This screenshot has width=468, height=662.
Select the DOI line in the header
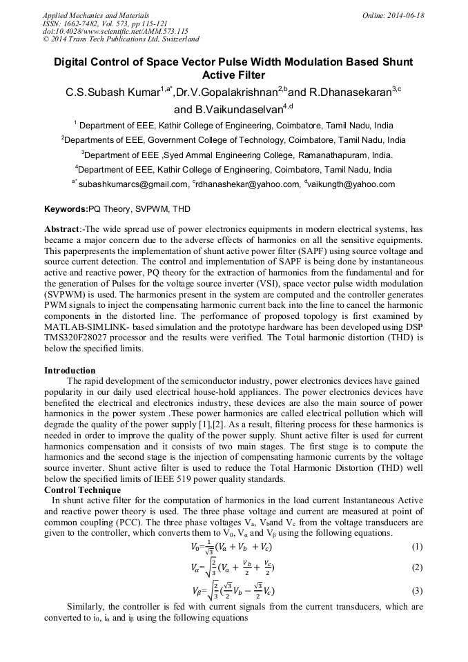(115, 31)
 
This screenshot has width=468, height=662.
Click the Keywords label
(66, 209)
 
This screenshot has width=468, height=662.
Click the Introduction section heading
(70, 371)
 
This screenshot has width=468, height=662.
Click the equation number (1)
(416, 547)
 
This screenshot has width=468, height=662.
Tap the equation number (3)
(416, 591)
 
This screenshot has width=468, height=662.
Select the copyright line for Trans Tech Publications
(121, 39)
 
